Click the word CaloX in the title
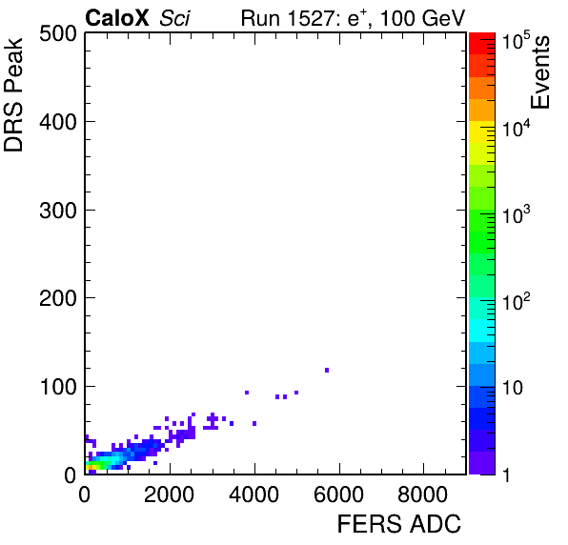point(116,18)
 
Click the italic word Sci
point(174,18)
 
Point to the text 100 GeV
point(422,18)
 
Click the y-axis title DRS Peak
point(13,95)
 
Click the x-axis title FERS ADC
point(398,524)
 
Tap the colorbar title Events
point(539,72)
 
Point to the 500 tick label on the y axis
point(58,34)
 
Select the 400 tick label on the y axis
point(58,122)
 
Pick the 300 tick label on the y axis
point(58,210)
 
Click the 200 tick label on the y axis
point(58,298)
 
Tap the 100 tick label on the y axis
point(58,387)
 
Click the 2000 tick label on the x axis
point(170,495)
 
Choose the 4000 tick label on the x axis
point(254,495)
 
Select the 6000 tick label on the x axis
point(339,495)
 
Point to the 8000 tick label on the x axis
point(423,495)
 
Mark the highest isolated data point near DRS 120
point(327,370)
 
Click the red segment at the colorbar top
point(482,44)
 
